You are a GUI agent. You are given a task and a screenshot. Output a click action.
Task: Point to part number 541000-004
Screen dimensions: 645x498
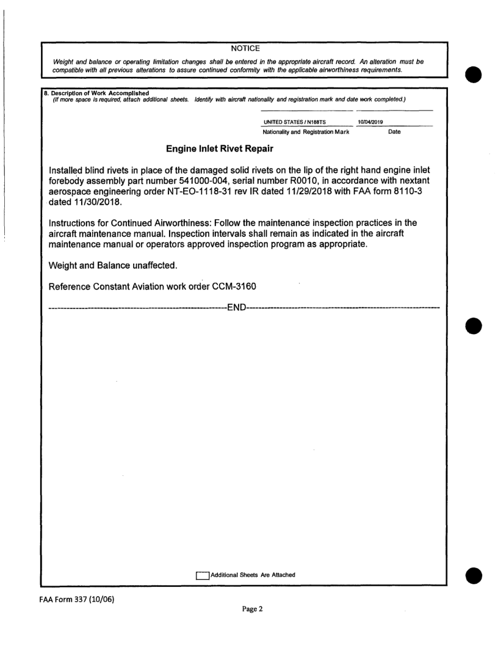pos(225,181)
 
